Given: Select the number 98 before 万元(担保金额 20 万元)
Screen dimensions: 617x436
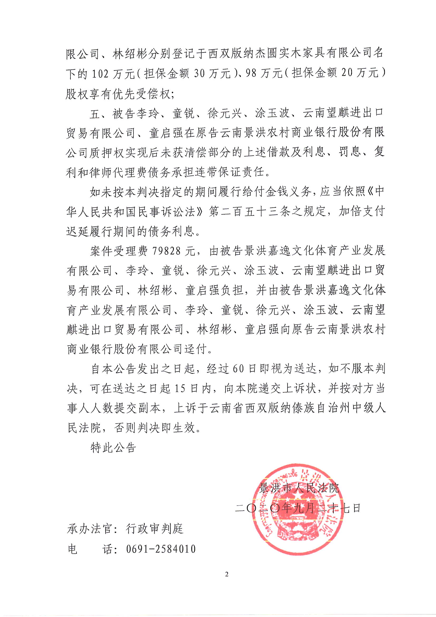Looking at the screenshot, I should [x=251, y=74].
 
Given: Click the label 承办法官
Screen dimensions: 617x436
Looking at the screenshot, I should [x=89, y=529].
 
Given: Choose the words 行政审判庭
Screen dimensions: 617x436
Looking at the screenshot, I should [x=155, y=529].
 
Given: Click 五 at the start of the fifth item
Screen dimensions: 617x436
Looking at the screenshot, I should [x=95, y=114].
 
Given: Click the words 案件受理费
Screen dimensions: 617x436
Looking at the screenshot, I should [x=118, y=251].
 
